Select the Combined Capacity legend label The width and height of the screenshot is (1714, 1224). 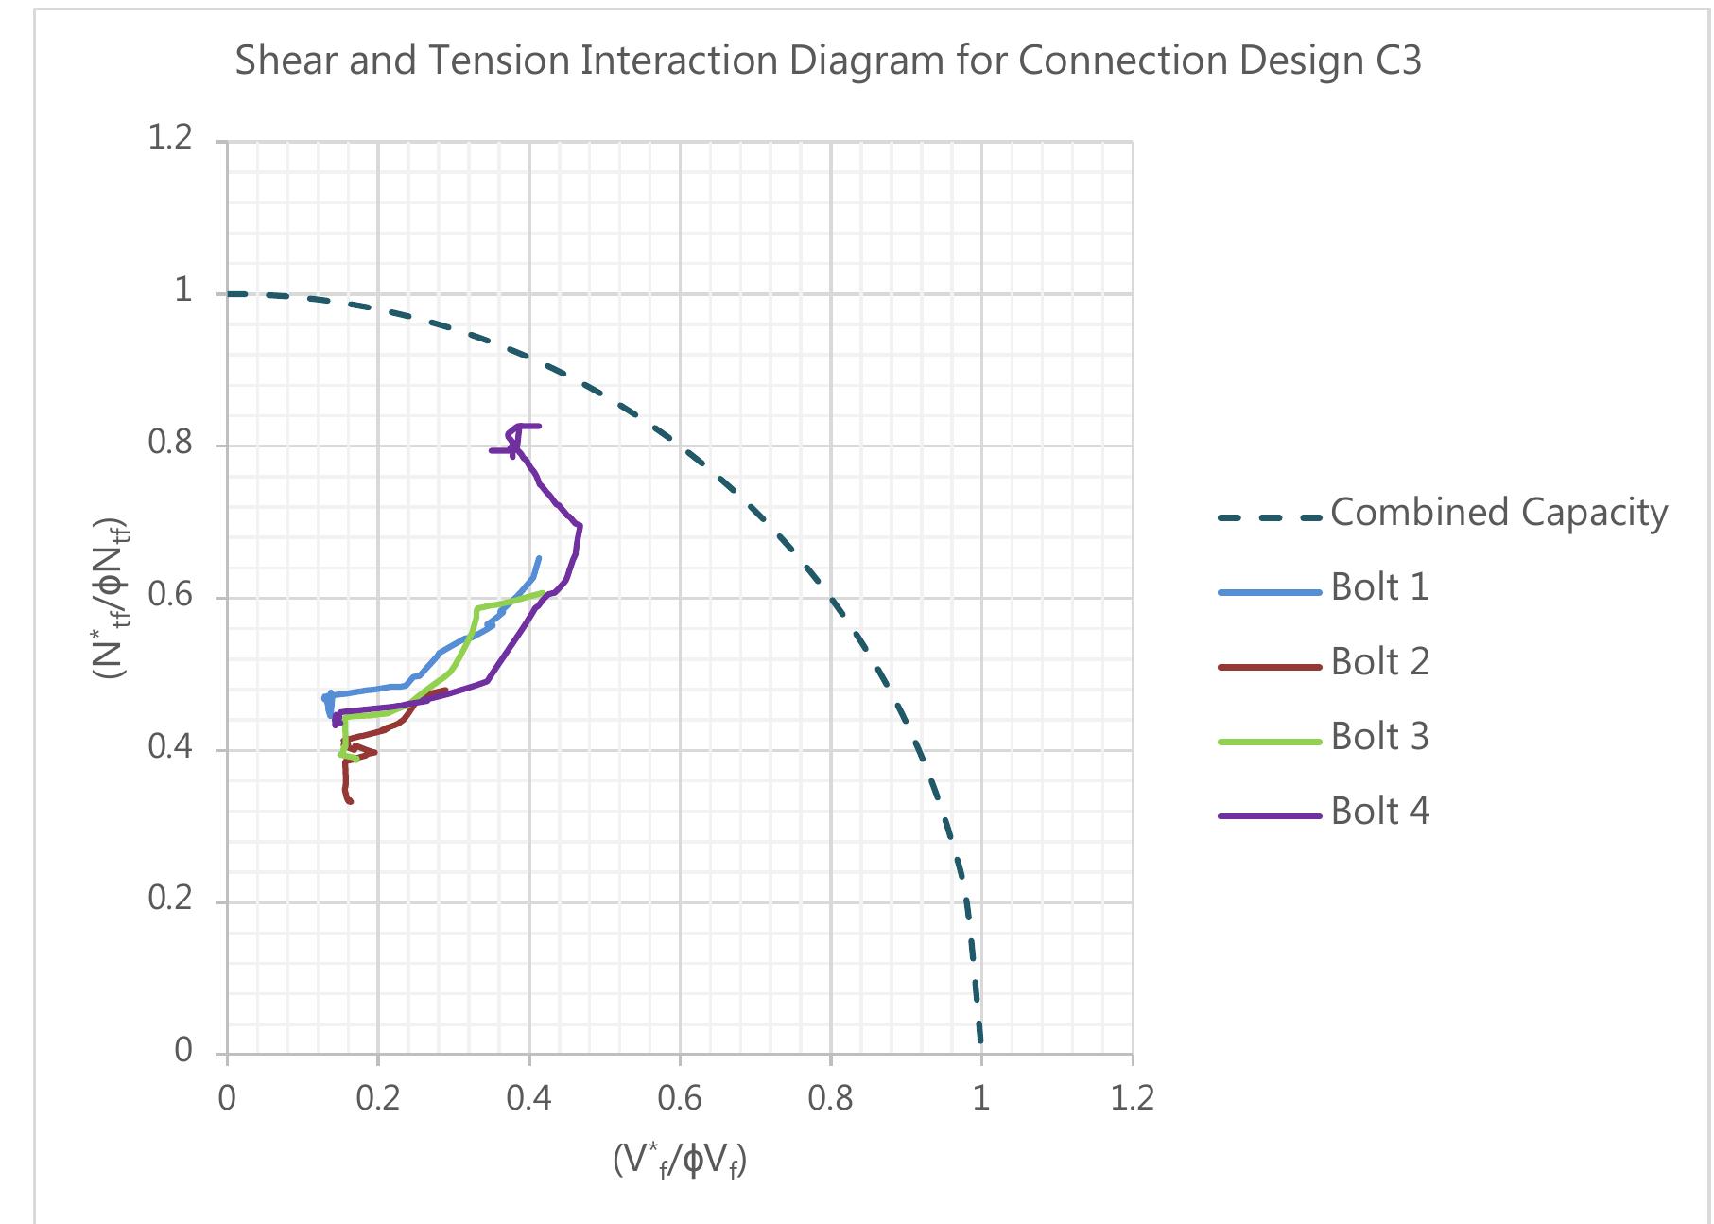point(1498,513)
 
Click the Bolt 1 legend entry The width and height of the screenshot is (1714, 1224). point(1379,587)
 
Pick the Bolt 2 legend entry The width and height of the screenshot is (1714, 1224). point(1379,662)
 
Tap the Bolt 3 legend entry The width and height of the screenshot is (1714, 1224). point(1379,737)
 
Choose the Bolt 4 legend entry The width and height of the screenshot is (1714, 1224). point(1379,812)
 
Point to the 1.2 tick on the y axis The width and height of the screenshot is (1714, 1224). point(170,139)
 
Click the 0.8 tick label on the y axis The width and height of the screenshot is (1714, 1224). point(170,443)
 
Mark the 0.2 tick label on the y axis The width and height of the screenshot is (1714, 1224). point(170,899)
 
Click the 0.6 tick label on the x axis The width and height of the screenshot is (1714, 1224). point(679,1099)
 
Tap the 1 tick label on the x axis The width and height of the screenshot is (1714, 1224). point(981,1099)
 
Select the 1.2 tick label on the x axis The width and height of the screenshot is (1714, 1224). point(1132,1099)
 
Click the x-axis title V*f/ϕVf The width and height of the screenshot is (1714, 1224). point(679,1160)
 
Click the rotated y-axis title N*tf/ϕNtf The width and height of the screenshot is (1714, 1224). point(110,598)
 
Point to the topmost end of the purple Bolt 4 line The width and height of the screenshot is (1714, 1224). point(539,426)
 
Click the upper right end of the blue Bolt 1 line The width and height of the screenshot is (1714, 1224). point(539,558)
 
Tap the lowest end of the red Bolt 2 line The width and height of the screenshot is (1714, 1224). point(351,802)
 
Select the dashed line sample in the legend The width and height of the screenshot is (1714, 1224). point(1269,517)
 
